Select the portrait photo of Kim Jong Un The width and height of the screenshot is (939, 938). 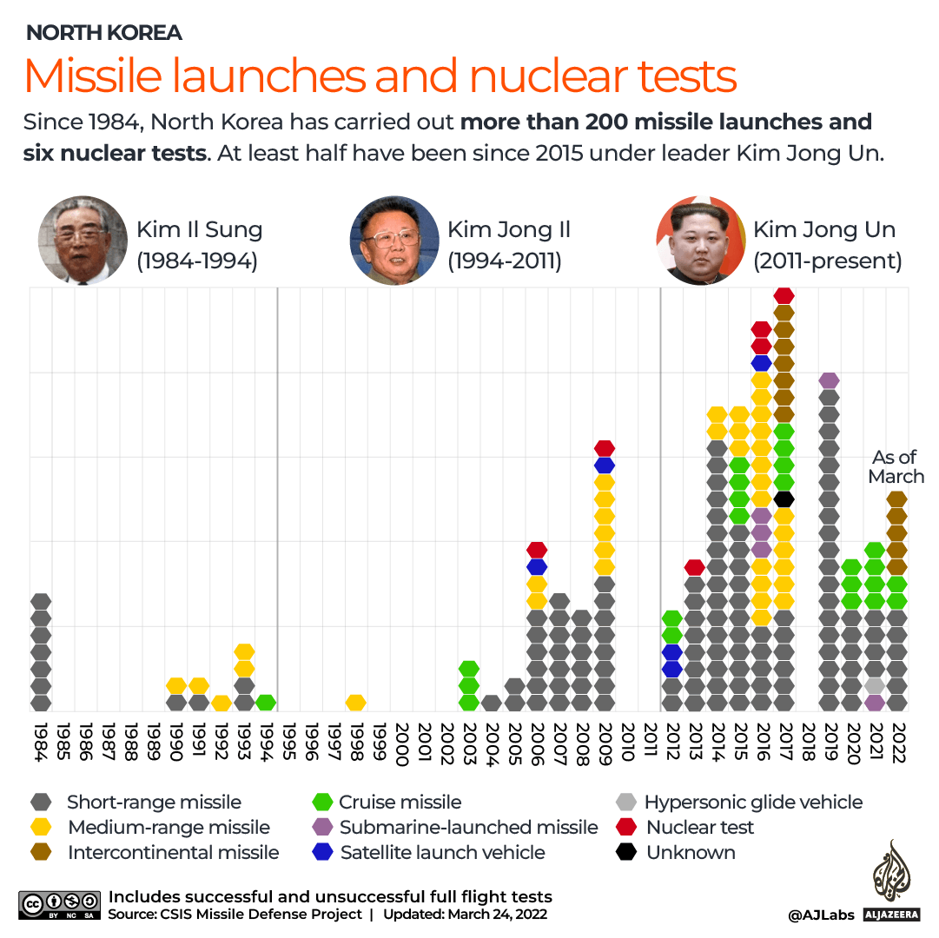[700, 241]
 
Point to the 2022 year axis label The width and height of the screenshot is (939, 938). [897, 742]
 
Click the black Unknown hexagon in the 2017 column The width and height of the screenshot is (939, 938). [784, 499]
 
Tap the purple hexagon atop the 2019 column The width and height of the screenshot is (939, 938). [829, 380]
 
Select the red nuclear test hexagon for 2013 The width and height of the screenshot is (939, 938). [694, 567]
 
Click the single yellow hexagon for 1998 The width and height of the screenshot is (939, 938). [355, 702]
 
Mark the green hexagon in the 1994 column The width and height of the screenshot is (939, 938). [266, 702]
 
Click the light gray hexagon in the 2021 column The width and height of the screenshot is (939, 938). [875, 685]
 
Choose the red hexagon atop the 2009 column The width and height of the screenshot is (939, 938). [605, 448]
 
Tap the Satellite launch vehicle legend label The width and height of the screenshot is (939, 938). [442, 853]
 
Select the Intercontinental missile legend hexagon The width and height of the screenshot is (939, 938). [40, 853]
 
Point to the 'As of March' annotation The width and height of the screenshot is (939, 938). [896, 467]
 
